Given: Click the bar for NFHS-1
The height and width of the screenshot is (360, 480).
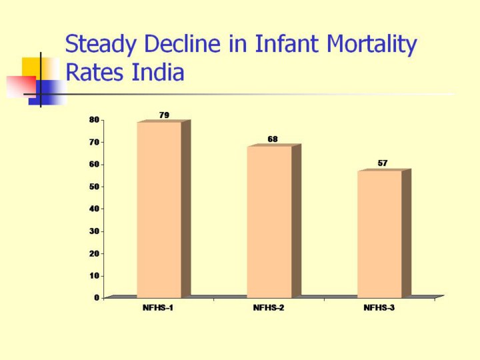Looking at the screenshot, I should (x=159, y=210).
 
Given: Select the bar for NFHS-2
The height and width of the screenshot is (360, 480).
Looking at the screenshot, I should (x=269, y=222).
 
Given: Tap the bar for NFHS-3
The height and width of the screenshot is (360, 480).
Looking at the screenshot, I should (x=379, y=234).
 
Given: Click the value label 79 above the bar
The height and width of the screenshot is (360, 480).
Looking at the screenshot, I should (x=164, y=115).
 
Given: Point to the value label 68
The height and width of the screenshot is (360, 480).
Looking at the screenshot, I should (x=273, y=139).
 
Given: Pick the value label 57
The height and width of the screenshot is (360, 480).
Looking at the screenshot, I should (x=383, y=163).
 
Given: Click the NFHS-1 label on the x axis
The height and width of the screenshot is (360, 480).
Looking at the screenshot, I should (x=158, y=308).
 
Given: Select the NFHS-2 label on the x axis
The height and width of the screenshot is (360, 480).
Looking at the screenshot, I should (x=269, y=308).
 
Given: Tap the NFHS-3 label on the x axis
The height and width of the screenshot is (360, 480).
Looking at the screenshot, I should (x=379, y=308).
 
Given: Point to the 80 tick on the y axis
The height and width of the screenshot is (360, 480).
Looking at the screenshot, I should (x=95, y=120).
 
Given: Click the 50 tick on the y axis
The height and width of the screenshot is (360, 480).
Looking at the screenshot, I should (x=95, y=187).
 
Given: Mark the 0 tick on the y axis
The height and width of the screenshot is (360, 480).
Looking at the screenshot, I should (x=97, y=298).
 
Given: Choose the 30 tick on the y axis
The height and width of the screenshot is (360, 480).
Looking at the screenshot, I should (x=95, y=231).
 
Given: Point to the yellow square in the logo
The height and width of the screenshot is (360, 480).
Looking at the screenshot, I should (x=31, y=66).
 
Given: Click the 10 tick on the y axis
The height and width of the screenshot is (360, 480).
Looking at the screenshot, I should (x=95, y=275).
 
